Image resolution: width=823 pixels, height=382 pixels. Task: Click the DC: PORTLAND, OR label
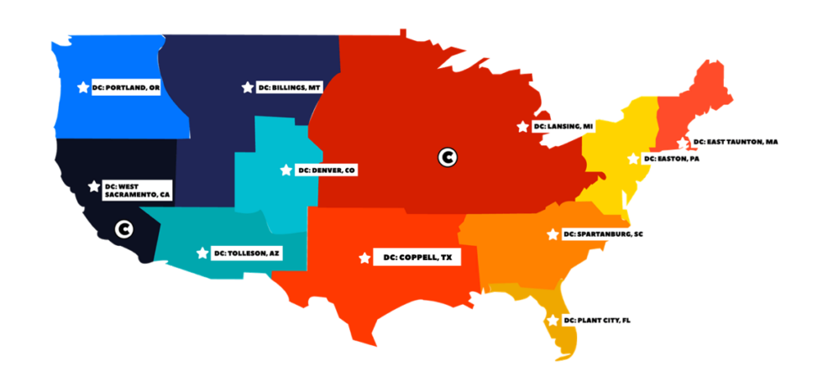pos(126,87)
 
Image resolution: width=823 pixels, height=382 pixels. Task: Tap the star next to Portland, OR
pos(82,87)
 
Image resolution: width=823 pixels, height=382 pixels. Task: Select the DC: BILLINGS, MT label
pos(290,87)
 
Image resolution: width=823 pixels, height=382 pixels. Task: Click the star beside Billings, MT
pos(247,87)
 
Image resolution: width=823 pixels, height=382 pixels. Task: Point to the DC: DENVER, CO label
pos(327,170)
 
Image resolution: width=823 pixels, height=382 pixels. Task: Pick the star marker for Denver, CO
pos(286,170)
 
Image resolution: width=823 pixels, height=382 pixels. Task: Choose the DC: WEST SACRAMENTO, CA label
pos(137,190)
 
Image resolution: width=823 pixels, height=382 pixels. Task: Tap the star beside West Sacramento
pos(92,186)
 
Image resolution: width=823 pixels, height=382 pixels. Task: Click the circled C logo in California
pos(123,228)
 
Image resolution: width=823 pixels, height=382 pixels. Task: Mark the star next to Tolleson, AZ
pos(201,253)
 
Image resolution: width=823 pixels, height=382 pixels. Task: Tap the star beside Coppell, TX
pos(364,258)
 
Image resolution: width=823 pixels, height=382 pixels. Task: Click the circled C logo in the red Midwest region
pos(448,156)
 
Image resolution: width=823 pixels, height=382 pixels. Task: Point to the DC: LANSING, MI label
pos(564,127)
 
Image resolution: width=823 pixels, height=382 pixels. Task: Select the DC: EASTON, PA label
pos(673,159)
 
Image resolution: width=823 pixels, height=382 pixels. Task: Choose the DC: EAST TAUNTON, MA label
pos(736,142)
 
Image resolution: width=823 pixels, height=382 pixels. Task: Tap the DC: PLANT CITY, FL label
pos(596,321)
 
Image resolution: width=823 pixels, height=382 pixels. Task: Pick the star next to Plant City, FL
pos(553,320)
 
